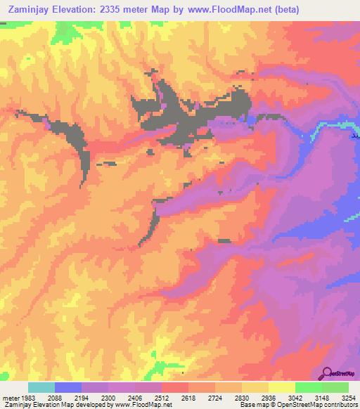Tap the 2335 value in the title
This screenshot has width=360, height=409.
pos(115,10)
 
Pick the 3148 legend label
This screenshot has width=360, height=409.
pos(322,398)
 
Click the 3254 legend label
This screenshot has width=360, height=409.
pos(348,398)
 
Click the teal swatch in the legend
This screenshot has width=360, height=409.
pos(41,387)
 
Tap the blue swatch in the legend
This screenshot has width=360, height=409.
pos(68,387)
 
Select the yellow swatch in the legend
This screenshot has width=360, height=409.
pos(282,387)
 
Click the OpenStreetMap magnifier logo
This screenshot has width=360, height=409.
pos(326,374)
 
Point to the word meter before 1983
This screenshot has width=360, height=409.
pos(12,398)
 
